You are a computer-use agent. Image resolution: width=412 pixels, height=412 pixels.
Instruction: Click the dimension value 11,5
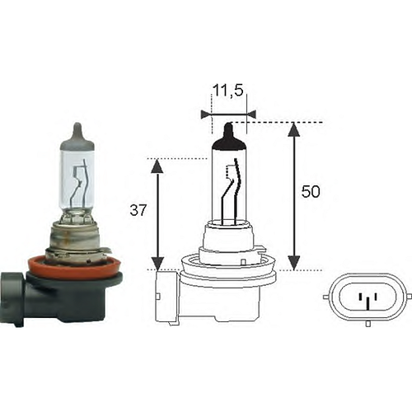228,92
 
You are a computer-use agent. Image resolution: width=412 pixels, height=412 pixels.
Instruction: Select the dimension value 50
311,192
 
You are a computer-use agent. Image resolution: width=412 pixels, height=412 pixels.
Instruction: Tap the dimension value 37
138,210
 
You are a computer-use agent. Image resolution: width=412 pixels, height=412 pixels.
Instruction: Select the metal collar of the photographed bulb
77,238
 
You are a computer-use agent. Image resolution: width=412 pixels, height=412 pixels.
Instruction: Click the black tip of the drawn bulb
230,130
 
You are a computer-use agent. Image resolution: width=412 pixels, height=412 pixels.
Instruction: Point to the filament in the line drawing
233,185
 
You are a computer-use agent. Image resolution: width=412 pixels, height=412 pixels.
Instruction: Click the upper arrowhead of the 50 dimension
293,129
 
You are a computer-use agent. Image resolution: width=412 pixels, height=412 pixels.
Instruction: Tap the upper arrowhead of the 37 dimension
158,165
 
